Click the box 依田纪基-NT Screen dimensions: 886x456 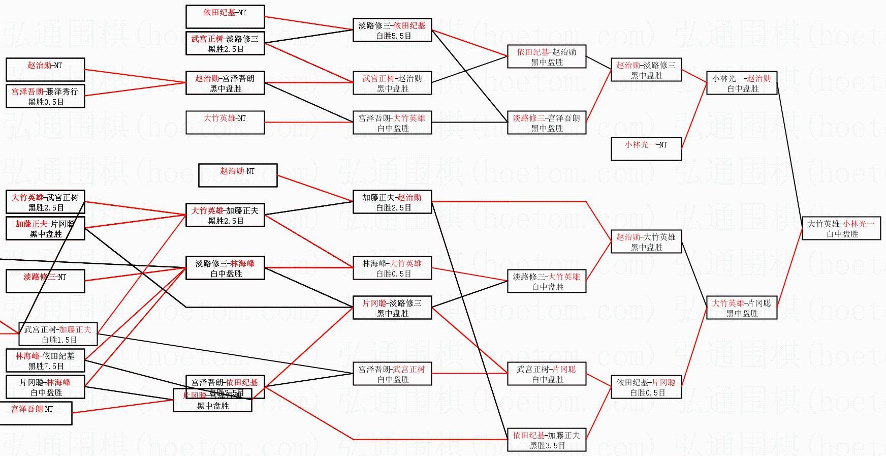(225, 17)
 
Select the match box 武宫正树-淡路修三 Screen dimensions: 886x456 (225, 44)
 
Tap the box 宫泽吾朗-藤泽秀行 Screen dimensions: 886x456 (45, 96)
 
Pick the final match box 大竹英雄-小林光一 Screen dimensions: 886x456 (842, 228)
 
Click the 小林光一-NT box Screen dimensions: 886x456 (646, 149)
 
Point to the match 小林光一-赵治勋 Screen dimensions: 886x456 (742, 83)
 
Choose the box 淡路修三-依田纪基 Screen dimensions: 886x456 (392, 31)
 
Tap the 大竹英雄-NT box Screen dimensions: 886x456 (225, 123)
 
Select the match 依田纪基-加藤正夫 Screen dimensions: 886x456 (547, 440)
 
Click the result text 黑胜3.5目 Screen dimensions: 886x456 (547, 446)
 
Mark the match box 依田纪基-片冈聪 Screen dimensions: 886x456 (646, 387)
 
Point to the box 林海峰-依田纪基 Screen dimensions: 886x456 (45, 360)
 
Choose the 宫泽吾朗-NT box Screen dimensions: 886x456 (39, 413)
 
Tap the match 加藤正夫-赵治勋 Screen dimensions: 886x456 (392, 202)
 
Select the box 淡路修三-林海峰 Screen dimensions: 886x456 (225, 268)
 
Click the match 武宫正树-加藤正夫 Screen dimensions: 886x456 (58, 334)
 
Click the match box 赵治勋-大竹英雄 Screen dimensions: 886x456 (646, 241)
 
